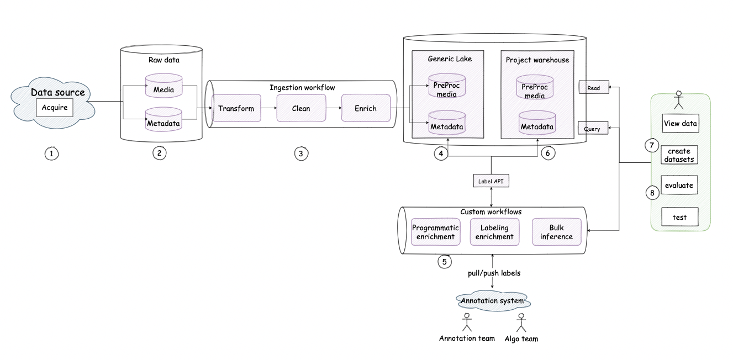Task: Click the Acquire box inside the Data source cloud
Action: (x=55, y=108)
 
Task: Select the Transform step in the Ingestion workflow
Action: (x=236, y=108)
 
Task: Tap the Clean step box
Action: (x=301, y=108)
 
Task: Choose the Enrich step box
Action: (x=366, y=108)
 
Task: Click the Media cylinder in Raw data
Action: (x=164, y=87)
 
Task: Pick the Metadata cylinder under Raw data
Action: (x=164, y=121)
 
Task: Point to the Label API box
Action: (x=491, y=181)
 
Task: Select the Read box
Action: (x=594, y=87)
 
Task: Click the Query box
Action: (x=593, y=128)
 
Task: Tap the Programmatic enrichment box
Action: (x=436, y=232)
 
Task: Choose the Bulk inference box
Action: (x=556, y=232)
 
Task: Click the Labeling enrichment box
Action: (x=494, y=232)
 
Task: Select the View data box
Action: (x=680, y=124)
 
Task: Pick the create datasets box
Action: (x=680, y=155)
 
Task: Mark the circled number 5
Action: (x=445, y=262)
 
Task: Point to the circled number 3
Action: (x=300, y=153)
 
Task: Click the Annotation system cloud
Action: (x=493, y=301)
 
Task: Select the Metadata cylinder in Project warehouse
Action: (x=537, y=124)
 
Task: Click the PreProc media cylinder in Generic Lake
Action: (x=447, y=88)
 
